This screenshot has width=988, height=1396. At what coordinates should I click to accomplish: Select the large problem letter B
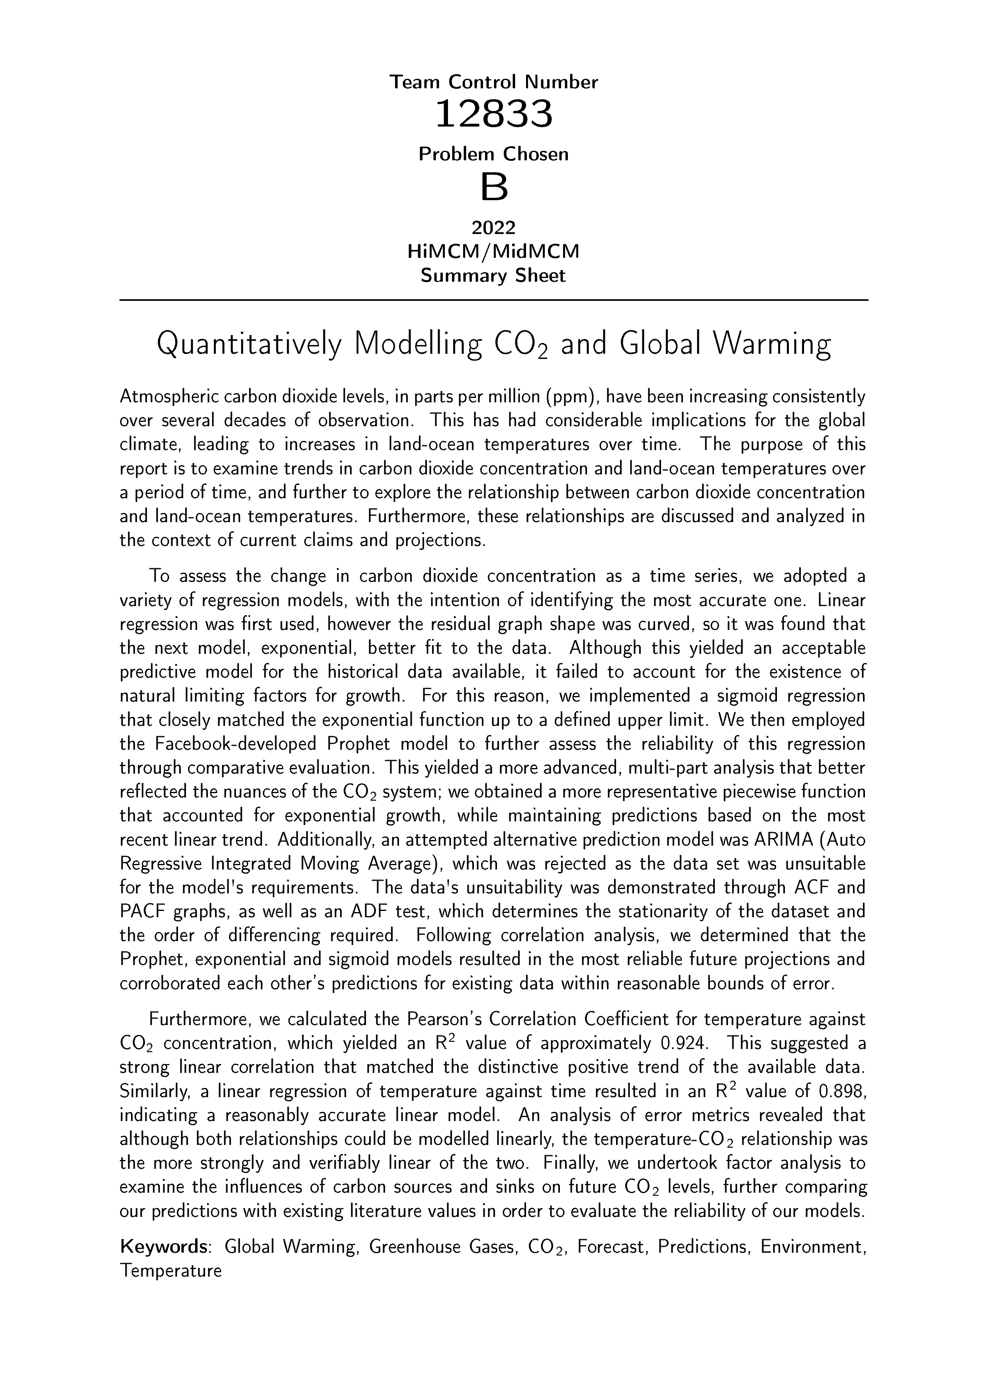pyautogui.click(x=493, y=187)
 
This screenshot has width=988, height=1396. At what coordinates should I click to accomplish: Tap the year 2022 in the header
pyautogui.click(x=493, y=227)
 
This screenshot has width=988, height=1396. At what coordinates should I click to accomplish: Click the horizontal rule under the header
pyautogui.click(x=493, y=300)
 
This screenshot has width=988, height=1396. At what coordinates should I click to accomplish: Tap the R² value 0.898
pyautogui.click(x=842, y=1092)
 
